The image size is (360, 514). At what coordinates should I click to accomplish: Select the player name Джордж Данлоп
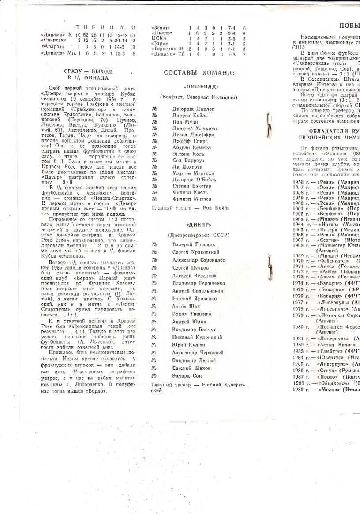[193, 109]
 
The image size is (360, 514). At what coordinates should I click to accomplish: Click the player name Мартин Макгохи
[193, 173]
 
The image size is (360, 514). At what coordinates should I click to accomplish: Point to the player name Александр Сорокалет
[198, 260]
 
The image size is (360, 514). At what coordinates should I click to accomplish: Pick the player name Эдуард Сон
[187, 376]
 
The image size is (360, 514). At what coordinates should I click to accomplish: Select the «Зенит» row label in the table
[161, 27]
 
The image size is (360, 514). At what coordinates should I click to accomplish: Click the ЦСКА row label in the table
[158, 38]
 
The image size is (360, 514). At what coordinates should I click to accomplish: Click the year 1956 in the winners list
[298, 182]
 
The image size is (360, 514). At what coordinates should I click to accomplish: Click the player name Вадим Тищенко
[191, 314]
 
